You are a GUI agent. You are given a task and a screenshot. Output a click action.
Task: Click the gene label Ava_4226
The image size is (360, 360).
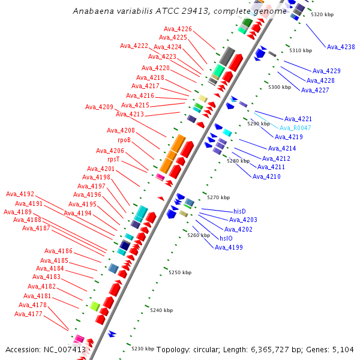178,29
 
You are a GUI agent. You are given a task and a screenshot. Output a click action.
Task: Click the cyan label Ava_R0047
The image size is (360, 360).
295,128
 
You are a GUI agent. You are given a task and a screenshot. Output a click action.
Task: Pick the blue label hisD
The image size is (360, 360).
239,211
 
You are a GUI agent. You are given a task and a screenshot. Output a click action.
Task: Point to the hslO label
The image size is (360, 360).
226,238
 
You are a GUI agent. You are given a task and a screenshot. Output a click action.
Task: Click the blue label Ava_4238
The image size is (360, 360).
341,47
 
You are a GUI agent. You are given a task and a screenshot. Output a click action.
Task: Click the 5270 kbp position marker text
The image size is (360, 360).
218,197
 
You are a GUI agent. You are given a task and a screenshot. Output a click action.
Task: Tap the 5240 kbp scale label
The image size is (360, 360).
161,310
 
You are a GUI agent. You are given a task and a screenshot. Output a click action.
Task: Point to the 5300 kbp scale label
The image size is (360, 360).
280,87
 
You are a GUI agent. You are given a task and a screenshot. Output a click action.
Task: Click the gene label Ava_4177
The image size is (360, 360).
28,314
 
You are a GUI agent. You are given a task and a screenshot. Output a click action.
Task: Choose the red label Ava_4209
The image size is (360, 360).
99,107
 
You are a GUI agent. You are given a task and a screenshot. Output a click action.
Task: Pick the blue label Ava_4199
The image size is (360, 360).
229,247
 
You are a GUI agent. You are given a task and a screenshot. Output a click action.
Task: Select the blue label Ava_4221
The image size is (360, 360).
298,119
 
